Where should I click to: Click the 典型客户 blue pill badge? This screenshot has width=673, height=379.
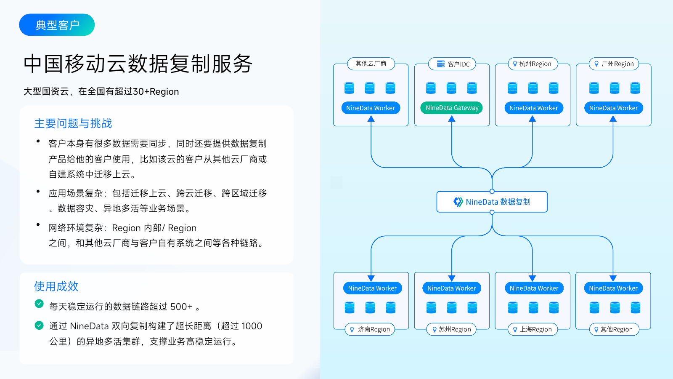(x=57, y=25)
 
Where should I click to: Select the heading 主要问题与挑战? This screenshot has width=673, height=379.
(x=73, y=123)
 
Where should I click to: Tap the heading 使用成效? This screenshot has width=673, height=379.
(x=56, y=286)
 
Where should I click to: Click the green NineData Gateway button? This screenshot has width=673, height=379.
(x=452, y=108)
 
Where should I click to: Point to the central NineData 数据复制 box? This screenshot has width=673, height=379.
(x=492, y=202)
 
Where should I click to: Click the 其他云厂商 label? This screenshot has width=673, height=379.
(x=371, y=64)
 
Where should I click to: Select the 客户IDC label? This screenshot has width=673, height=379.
(x=452, y=64)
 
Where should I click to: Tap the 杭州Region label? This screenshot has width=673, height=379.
(x=533, y=64)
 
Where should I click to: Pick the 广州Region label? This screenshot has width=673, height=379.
(x=614, y=64)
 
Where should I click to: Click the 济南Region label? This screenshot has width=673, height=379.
(x=370, y=329)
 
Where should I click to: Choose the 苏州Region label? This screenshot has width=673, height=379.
(x=451, y=329)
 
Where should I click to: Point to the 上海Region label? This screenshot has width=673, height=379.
(x=533, y=329)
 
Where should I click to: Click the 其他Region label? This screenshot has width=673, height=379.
(x=614, y=329)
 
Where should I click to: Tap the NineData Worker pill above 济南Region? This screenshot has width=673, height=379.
(x=372, y=288)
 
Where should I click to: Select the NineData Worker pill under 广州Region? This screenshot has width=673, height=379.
(x=613, y=108)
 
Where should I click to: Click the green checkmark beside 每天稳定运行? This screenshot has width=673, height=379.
(x=39, y=304)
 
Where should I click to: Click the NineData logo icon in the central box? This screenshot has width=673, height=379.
(x=458, y=202)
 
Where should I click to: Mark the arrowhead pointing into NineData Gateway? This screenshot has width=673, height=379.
(x=452, y=119)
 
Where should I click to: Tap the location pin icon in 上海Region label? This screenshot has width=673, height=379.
(x=515, y=330)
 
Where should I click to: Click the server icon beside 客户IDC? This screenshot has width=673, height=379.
(x=440, y=64)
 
